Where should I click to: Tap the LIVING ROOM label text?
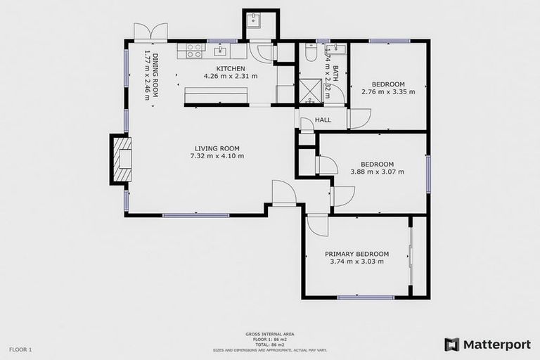pos(217,148)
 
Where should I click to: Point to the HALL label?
pos(323,120)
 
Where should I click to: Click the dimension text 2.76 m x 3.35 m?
pos(388,91)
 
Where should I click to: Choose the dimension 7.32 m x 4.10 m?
pos(217,156)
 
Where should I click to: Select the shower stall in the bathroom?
pos(310,91)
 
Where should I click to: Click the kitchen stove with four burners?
pos(194,51)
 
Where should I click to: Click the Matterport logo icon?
pos(451,345)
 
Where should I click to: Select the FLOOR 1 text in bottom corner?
pos(20,349)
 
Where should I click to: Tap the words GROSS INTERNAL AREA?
pos(269,335)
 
